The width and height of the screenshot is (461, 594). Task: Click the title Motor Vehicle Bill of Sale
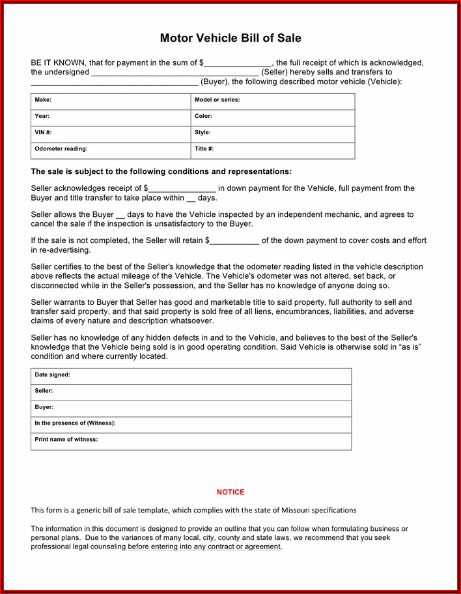(x=230, y=38)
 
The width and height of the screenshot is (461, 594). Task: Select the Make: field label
(x=43, y=100)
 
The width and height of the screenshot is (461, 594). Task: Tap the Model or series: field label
(x=217, y=100)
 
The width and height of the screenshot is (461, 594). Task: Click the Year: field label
(x=42, y=116)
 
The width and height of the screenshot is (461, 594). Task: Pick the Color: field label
(x=203, y=116)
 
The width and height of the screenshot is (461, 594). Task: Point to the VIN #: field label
(x=43, y=132)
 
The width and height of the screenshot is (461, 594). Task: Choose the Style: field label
(x=203, y=132)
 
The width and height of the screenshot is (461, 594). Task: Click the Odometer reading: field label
(x=61, y=148)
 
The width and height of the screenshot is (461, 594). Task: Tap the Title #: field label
(x=204, y=148)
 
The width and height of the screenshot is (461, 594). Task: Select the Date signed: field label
(x=52, y=375)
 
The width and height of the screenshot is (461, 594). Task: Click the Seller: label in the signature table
(x=44, y=391)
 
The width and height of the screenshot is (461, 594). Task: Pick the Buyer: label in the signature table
(x=44, y=407)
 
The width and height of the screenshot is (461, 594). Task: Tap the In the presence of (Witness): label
(x=75, y=423)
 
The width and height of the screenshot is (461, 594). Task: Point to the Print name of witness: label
(x=66, y=439)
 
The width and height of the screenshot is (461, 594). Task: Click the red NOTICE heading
(x=230, y=492)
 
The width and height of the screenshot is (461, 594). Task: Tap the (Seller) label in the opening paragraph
(x=274, y=72)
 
